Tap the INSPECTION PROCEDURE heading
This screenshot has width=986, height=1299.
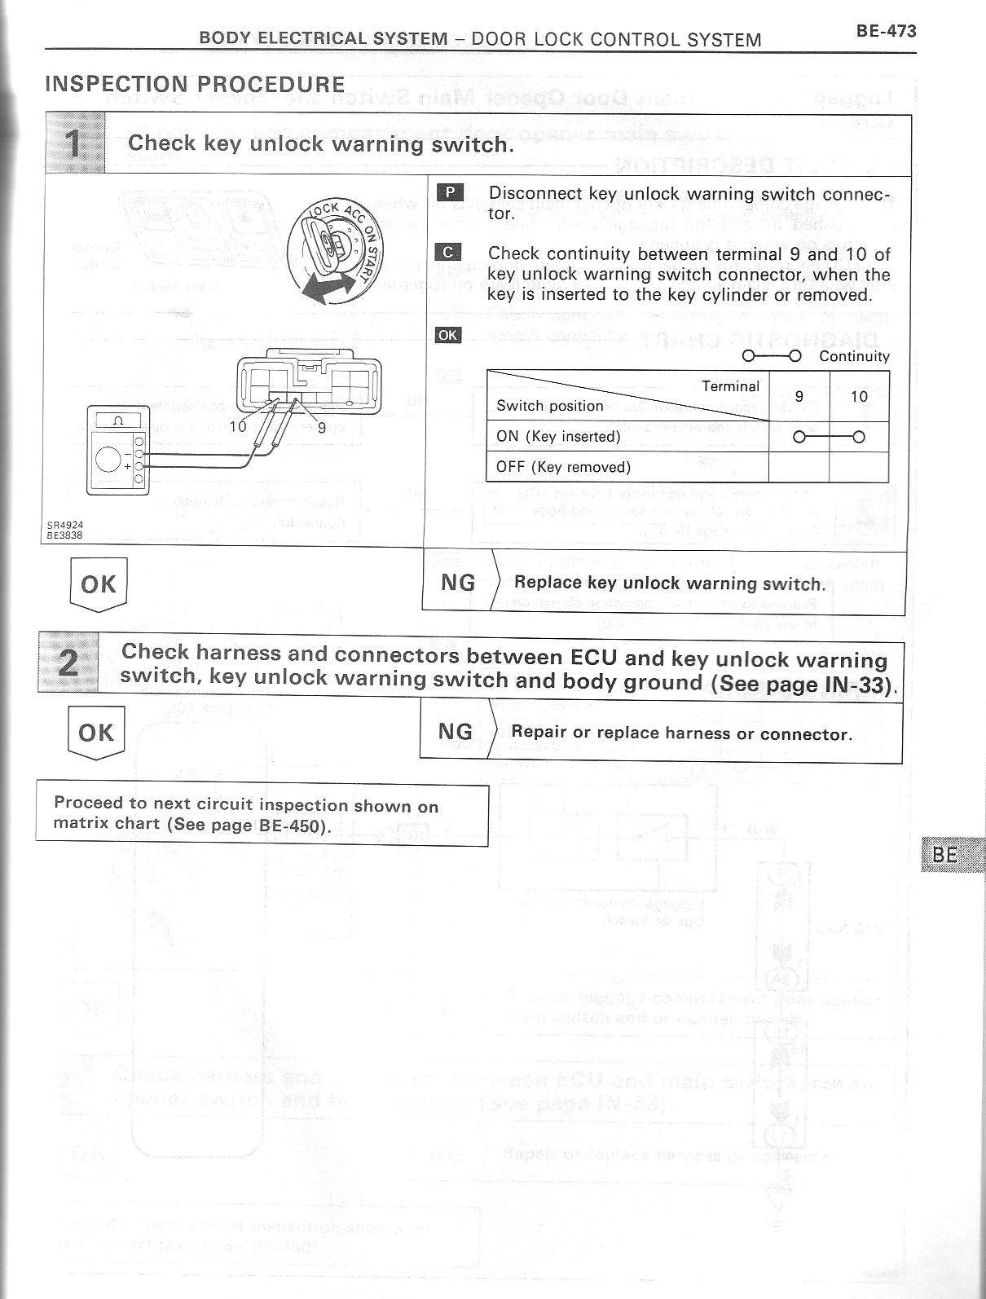pos(195,85)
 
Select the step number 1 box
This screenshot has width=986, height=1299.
pos(74,144)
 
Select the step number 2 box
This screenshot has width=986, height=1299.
pos(68,664)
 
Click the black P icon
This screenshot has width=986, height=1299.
pos(449,193)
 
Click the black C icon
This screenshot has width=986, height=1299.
pos(449,253)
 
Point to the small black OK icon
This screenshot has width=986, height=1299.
pos(448,335)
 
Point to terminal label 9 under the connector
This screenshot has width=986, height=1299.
pos(321,426)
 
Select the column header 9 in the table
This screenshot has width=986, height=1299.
pos(799,397)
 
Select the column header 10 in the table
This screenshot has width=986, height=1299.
pos(859,397)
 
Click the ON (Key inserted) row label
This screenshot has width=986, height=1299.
pos(558,436)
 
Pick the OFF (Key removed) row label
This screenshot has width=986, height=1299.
pos(563,467)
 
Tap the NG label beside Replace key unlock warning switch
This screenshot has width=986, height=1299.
pos(457,583)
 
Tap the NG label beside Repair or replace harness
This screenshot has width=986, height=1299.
pos(456,732)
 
